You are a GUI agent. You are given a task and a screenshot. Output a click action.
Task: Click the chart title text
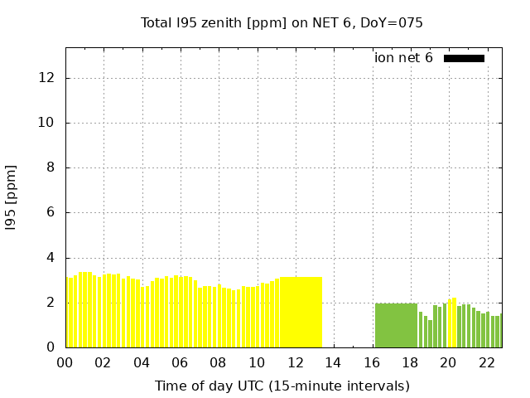coord(282,22)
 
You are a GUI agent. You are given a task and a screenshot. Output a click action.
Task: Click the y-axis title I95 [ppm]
coord(11,197)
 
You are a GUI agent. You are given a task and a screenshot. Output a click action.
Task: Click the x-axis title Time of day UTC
coord(282,386)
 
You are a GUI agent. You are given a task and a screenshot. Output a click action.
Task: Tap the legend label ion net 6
coord(403,58)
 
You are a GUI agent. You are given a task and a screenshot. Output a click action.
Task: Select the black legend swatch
coord(464,58)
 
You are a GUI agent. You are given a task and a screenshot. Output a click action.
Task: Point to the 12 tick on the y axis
coord(47,78)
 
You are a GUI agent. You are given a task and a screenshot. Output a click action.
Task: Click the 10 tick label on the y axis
coord(47,123)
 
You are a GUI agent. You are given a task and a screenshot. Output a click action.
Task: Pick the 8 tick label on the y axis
coord(51,168)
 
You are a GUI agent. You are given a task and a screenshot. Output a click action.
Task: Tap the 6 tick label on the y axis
coord(51,213)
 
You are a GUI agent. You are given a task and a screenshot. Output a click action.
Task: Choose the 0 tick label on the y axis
coord(51,347)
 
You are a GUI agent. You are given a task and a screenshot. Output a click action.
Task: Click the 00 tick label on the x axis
coord(65,362)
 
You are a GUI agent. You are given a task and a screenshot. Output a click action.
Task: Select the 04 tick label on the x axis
coord(142,362)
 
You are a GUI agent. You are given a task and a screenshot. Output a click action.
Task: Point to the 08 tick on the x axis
coord(218,362)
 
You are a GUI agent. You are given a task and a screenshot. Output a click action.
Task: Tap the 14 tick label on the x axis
coord(333,362)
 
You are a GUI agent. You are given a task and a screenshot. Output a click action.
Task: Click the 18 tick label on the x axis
coord(410,362)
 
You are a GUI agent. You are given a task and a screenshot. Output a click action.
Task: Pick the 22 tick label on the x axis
coord(486,362)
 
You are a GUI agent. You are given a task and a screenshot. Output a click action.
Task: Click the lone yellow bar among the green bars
coord(452,323)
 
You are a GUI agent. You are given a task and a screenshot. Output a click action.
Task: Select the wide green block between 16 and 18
coord(396,325)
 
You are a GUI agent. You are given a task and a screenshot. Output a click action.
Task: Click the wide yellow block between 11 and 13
coord(300,313)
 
